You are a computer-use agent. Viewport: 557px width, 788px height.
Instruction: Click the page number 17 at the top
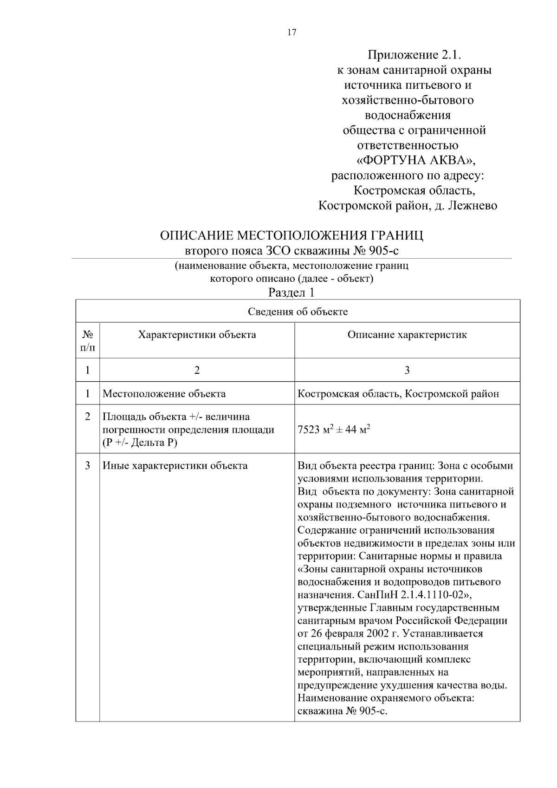pyautogui.click(x=291, y=33)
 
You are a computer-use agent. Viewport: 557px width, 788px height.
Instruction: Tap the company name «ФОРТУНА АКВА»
pyautogui.click(x=416, y=160)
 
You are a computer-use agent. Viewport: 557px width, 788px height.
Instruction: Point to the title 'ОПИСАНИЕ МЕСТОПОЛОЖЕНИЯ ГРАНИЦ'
pyautogui.click(x=291, y=235)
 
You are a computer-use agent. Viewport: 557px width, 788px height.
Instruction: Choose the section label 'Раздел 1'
pyautogui.click(x=291, y=293)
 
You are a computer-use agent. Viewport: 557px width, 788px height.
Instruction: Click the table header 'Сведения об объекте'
pyautogui.click(x=298, y=312)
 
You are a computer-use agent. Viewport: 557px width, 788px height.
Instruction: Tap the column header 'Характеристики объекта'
pyautogui.click(x=197, y=335)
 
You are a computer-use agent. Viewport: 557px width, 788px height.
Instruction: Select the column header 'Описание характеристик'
pyautogui.click(x=407, y=335)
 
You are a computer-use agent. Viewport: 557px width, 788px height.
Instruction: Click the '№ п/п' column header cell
pyautogui.click(x=88, y=341)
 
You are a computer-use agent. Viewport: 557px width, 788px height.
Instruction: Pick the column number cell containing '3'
pyautogui.click(x=407, y=370)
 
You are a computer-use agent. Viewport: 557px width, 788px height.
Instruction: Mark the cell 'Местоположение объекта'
pyautogui.click(x=164, y=394)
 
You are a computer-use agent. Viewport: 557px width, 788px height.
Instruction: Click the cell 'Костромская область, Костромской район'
pyautogui.click(x=398, y=394)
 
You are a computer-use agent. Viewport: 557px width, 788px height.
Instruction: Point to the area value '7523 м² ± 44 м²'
pyautogui.click(x=334, y=430)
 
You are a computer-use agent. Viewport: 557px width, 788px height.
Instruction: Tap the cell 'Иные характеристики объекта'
pyautogui.click(x=175, y=466)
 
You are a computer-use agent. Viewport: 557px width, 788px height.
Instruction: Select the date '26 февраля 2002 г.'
pyautogui.click(x=355, y=634)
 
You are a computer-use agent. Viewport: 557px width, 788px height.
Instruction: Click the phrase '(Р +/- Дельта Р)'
pyautogui.click(x=140, y=443)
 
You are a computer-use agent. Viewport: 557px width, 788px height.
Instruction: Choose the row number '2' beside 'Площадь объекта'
pyautogui.click(x=88, y=417)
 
